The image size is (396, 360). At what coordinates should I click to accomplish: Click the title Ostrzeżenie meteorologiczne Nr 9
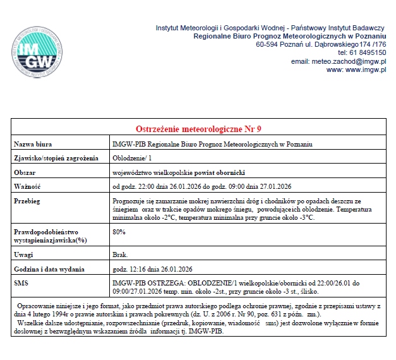click(x=198, y=129)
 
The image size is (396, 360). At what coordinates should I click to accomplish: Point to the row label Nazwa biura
click(x=33, y=144)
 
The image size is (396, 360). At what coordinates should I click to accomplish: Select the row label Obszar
click(x=26, y=172)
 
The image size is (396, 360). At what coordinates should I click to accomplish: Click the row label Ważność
click(x=28, y=186)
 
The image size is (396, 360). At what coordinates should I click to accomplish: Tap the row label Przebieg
click(x=28, y=200)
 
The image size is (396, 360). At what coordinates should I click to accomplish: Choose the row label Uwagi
click(x=23, y=255)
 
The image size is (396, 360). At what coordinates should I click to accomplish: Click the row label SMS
click(x=21, y=283)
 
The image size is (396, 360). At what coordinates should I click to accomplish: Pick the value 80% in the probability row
click(x=119, y=232)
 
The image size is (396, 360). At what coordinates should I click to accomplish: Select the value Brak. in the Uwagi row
click(x=119, y=255)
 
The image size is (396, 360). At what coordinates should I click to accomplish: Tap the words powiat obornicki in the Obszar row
click(x=217, y=172)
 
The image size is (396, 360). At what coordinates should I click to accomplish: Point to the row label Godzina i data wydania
click(x=49, y=269)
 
